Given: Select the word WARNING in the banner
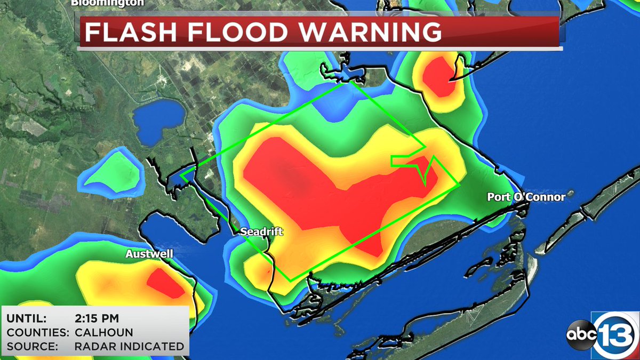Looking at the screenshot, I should click(x=370, y=32).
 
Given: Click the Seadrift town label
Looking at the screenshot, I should click(x=261, y=231).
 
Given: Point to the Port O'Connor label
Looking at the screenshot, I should click(x=526, y=197).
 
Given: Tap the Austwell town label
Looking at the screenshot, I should click(x=149, y=254).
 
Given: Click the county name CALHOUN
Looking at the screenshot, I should click(x=98, y=332).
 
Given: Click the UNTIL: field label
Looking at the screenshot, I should click(x=27, y=319).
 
